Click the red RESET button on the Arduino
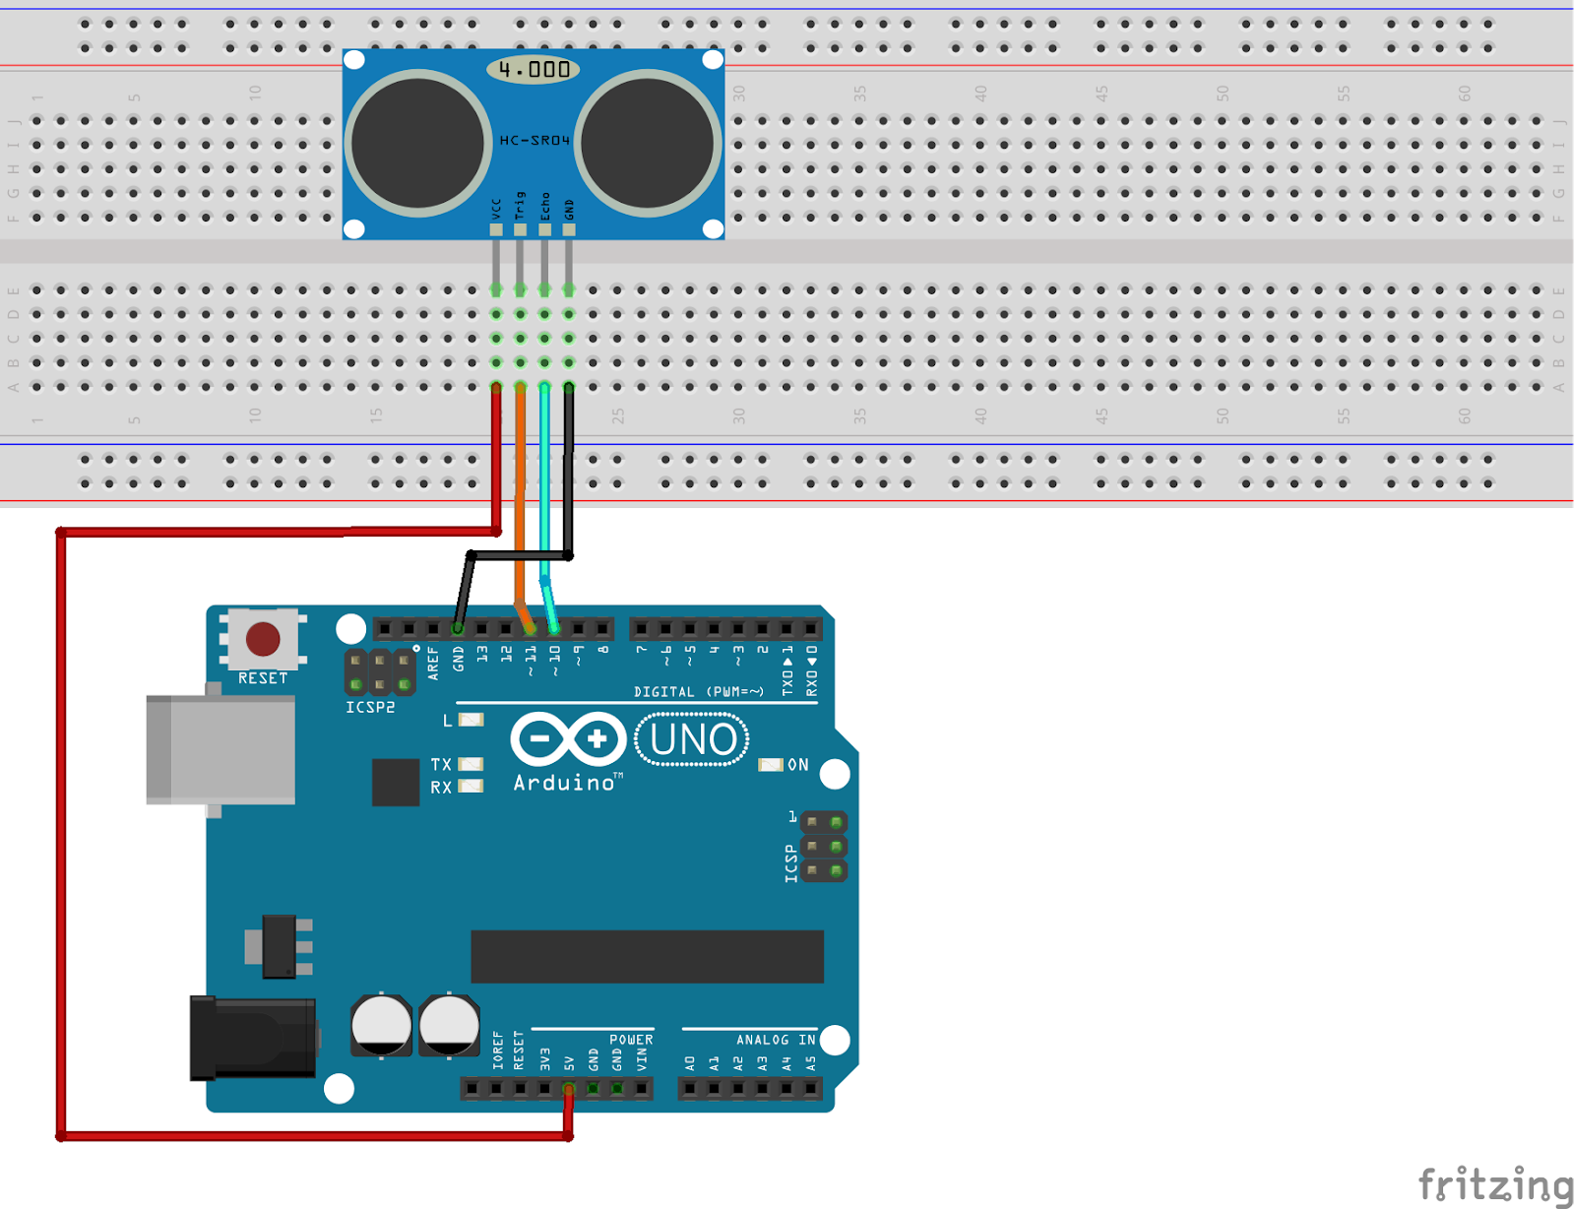[x=263, y=639]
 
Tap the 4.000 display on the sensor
[x=533, y=69]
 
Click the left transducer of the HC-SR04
[x=417, y=143]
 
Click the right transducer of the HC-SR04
[x=649, y=143]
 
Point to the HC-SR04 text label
[x=534, y=141]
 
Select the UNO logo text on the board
[x=692, y=739]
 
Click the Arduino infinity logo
[x=568, y=738]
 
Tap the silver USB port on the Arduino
[x=220, y=749]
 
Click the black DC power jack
[x=254, y=1038]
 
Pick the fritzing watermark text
[x=1495, y=1183]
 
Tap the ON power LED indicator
[x=771, y=765]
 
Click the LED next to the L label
[x=472, y=721]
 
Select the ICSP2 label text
[x=370, y=707]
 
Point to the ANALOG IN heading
[x=776, y=1040]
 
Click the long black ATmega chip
[x=647, y=956]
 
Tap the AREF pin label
[x=433, y=663]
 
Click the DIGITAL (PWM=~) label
[x=698, y=692]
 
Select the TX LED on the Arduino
[x=472, y=764]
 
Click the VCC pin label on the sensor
[x=496, y=209]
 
